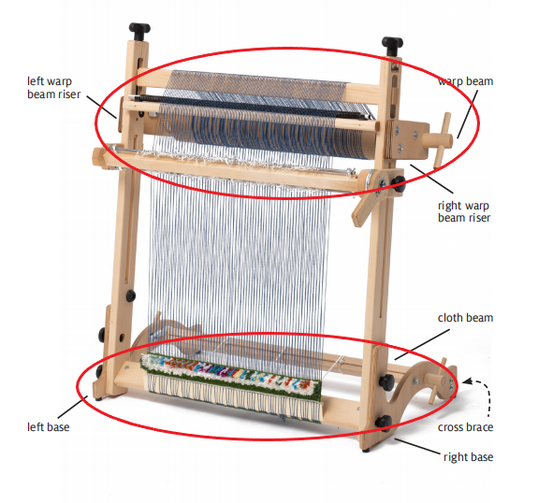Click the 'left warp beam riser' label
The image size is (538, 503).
click(x=54, y=88)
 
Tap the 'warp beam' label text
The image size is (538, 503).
click(x=466, y=81)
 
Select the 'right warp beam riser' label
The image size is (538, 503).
click(x=464, y=211)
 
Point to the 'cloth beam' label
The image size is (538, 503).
click(x=465, y=318)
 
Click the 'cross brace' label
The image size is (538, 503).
click(x=465, y=427)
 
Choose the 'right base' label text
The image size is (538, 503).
click(x=469, y=457)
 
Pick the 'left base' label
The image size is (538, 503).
click(x=49, y=427)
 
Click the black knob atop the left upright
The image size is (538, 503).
click(x=139, y=31)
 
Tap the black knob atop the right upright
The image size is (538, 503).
click(x=392, y=46)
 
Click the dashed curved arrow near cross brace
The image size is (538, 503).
click(x=483, y=393)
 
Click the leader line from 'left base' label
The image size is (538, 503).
click(x=72, y=408)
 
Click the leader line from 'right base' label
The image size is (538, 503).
click(x=417, y=446)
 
